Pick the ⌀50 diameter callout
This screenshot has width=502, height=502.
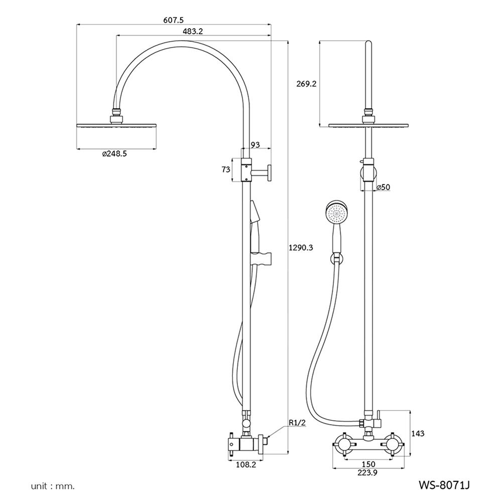pyautogui.click(x=383, y=187)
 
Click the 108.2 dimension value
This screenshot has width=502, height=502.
pyautogui.click(x=246, y=465)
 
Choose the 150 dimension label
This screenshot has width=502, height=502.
pyautogui.click(x=369, y=463)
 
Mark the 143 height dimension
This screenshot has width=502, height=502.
pyautogui.click(x=417, y=433)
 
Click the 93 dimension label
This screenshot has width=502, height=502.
pyautogui.click(x=255, y=145)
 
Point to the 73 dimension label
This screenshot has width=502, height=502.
pyautogui.click(x=226, y=169)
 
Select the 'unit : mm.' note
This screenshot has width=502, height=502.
pyautogui.click(x=53, y=486)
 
